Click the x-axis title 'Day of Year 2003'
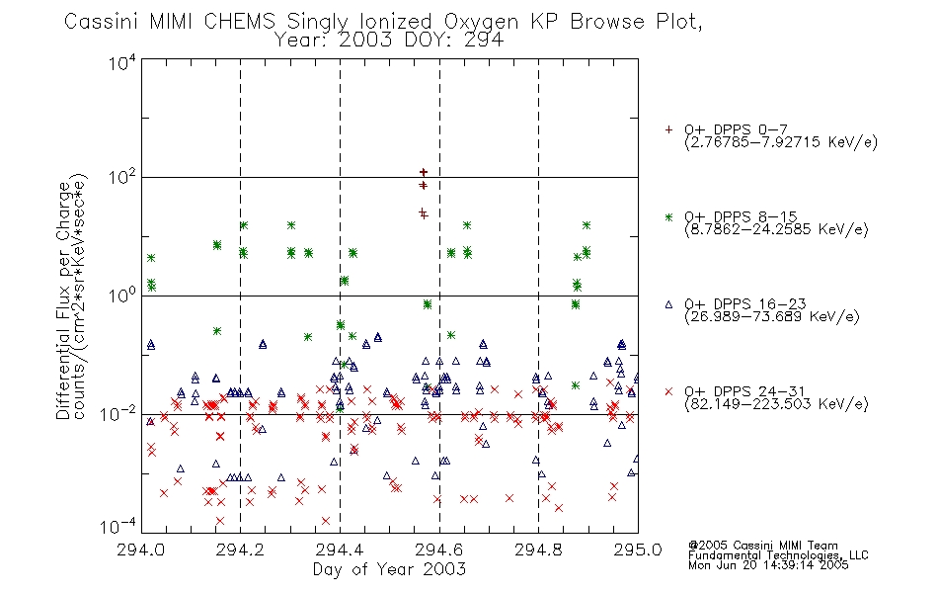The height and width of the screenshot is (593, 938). (389, 569)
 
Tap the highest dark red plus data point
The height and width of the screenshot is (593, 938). (424, 172)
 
